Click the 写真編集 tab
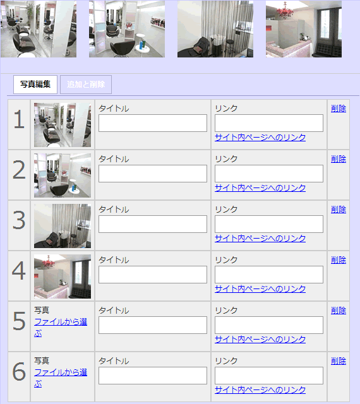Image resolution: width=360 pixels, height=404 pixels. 35,85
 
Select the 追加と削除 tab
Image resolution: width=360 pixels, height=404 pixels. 86,85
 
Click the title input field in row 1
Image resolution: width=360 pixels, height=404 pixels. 153,123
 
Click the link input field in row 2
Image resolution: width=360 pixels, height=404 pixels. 269,174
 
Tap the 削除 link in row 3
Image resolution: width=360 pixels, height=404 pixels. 339,210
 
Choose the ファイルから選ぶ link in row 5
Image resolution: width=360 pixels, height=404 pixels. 61,328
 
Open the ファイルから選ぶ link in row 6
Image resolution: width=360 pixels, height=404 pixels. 61,378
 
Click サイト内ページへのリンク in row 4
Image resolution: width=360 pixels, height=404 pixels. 260,289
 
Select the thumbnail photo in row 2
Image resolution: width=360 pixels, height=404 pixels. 63,175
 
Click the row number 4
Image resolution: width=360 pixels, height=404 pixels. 19,271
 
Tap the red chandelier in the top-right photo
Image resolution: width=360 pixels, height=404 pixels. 285,11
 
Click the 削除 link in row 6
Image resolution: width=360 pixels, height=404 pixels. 339,361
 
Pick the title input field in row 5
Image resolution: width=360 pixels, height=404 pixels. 153,325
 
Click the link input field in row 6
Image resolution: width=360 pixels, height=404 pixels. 269,376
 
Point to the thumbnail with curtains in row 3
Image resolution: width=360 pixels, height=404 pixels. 63,226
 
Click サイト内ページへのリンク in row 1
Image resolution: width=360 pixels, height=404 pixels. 260,138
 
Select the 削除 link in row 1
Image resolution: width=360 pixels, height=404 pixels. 339,109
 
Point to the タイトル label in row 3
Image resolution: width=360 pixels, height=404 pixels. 114,210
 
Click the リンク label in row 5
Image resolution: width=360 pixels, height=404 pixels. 226,311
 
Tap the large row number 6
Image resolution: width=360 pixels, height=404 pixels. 19,372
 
